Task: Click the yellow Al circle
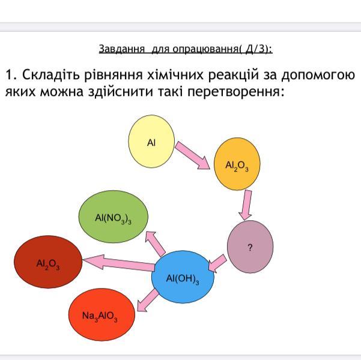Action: point(151,142)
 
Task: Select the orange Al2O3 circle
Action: point(238,164)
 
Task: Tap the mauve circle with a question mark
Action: point(250,246)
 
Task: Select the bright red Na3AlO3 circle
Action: point(100,314)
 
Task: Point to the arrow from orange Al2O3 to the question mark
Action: point(244,205)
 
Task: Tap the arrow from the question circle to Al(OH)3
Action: point(217,263)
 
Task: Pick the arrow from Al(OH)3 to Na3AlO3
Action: point(146,299)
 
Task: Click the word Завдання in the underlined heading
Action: point(121,48)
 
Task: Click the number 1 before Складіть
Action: point(10,75)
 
